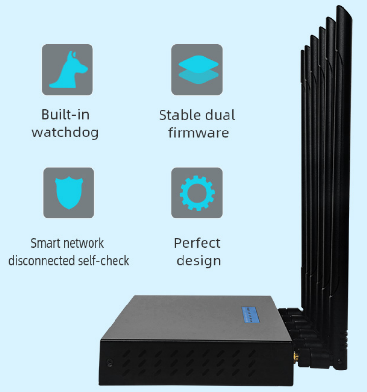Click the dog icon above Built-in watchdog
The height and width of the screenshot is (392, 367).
pos(68,70)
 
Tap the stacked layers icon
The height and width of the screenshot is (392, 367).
pos(197,70)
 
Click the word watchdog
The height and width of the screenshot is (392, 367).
pos(65,132)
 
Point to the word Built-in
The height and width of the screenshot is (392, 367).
pos(65,115)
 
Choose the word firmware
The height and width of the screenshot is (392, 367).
pos(198,132)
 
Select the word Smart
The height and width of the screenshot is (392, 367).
pos(45,243)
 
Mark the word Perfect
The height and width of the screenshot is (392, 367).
pos(197,243)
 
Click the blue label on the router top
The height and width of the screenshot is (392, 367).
pos(254,314)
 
